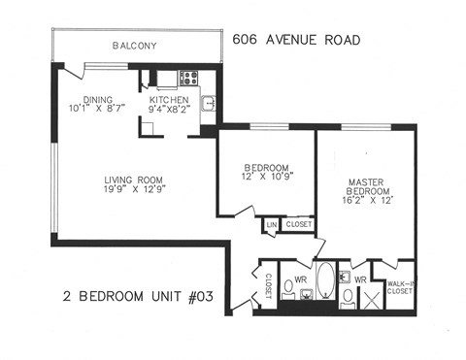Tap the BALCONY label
(x=134, y=46)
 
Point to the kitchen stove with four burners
(x=186, y=79)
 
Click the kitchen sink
(x=207, y=102)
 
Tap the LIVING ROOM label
(x=135, y=180)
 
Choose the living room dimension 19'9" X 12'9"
(x=135, y=190)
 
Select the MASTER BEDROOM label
(x=366, y=186)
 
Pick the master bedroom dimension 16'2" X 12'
(x=366, y=203)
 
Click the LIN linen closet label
(x=271, y=225)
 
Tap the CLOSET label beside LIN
(x=298, y=225)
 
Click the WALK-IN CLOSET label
(x=400, y=285)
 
